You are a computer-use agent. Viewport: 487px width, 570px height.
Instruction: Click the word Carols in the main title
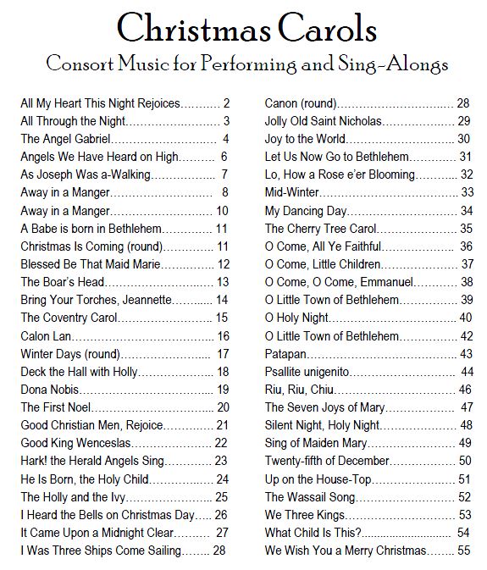[317, 29]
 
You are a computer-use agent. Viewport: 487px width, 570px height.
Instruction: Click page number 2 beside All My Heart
[227, 103]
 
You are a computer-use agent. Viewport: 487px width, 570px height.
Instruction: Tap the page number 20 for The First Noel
[223, 407]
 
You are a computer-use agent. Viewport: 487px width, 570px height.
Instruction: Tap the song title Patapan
[286, 354]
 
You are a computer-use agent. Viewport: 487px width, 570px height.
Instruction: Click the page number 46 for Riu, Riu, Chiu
[464, 390]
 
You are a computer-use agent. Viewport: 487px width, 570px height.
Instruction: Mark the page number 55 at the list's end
[463, 551]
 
